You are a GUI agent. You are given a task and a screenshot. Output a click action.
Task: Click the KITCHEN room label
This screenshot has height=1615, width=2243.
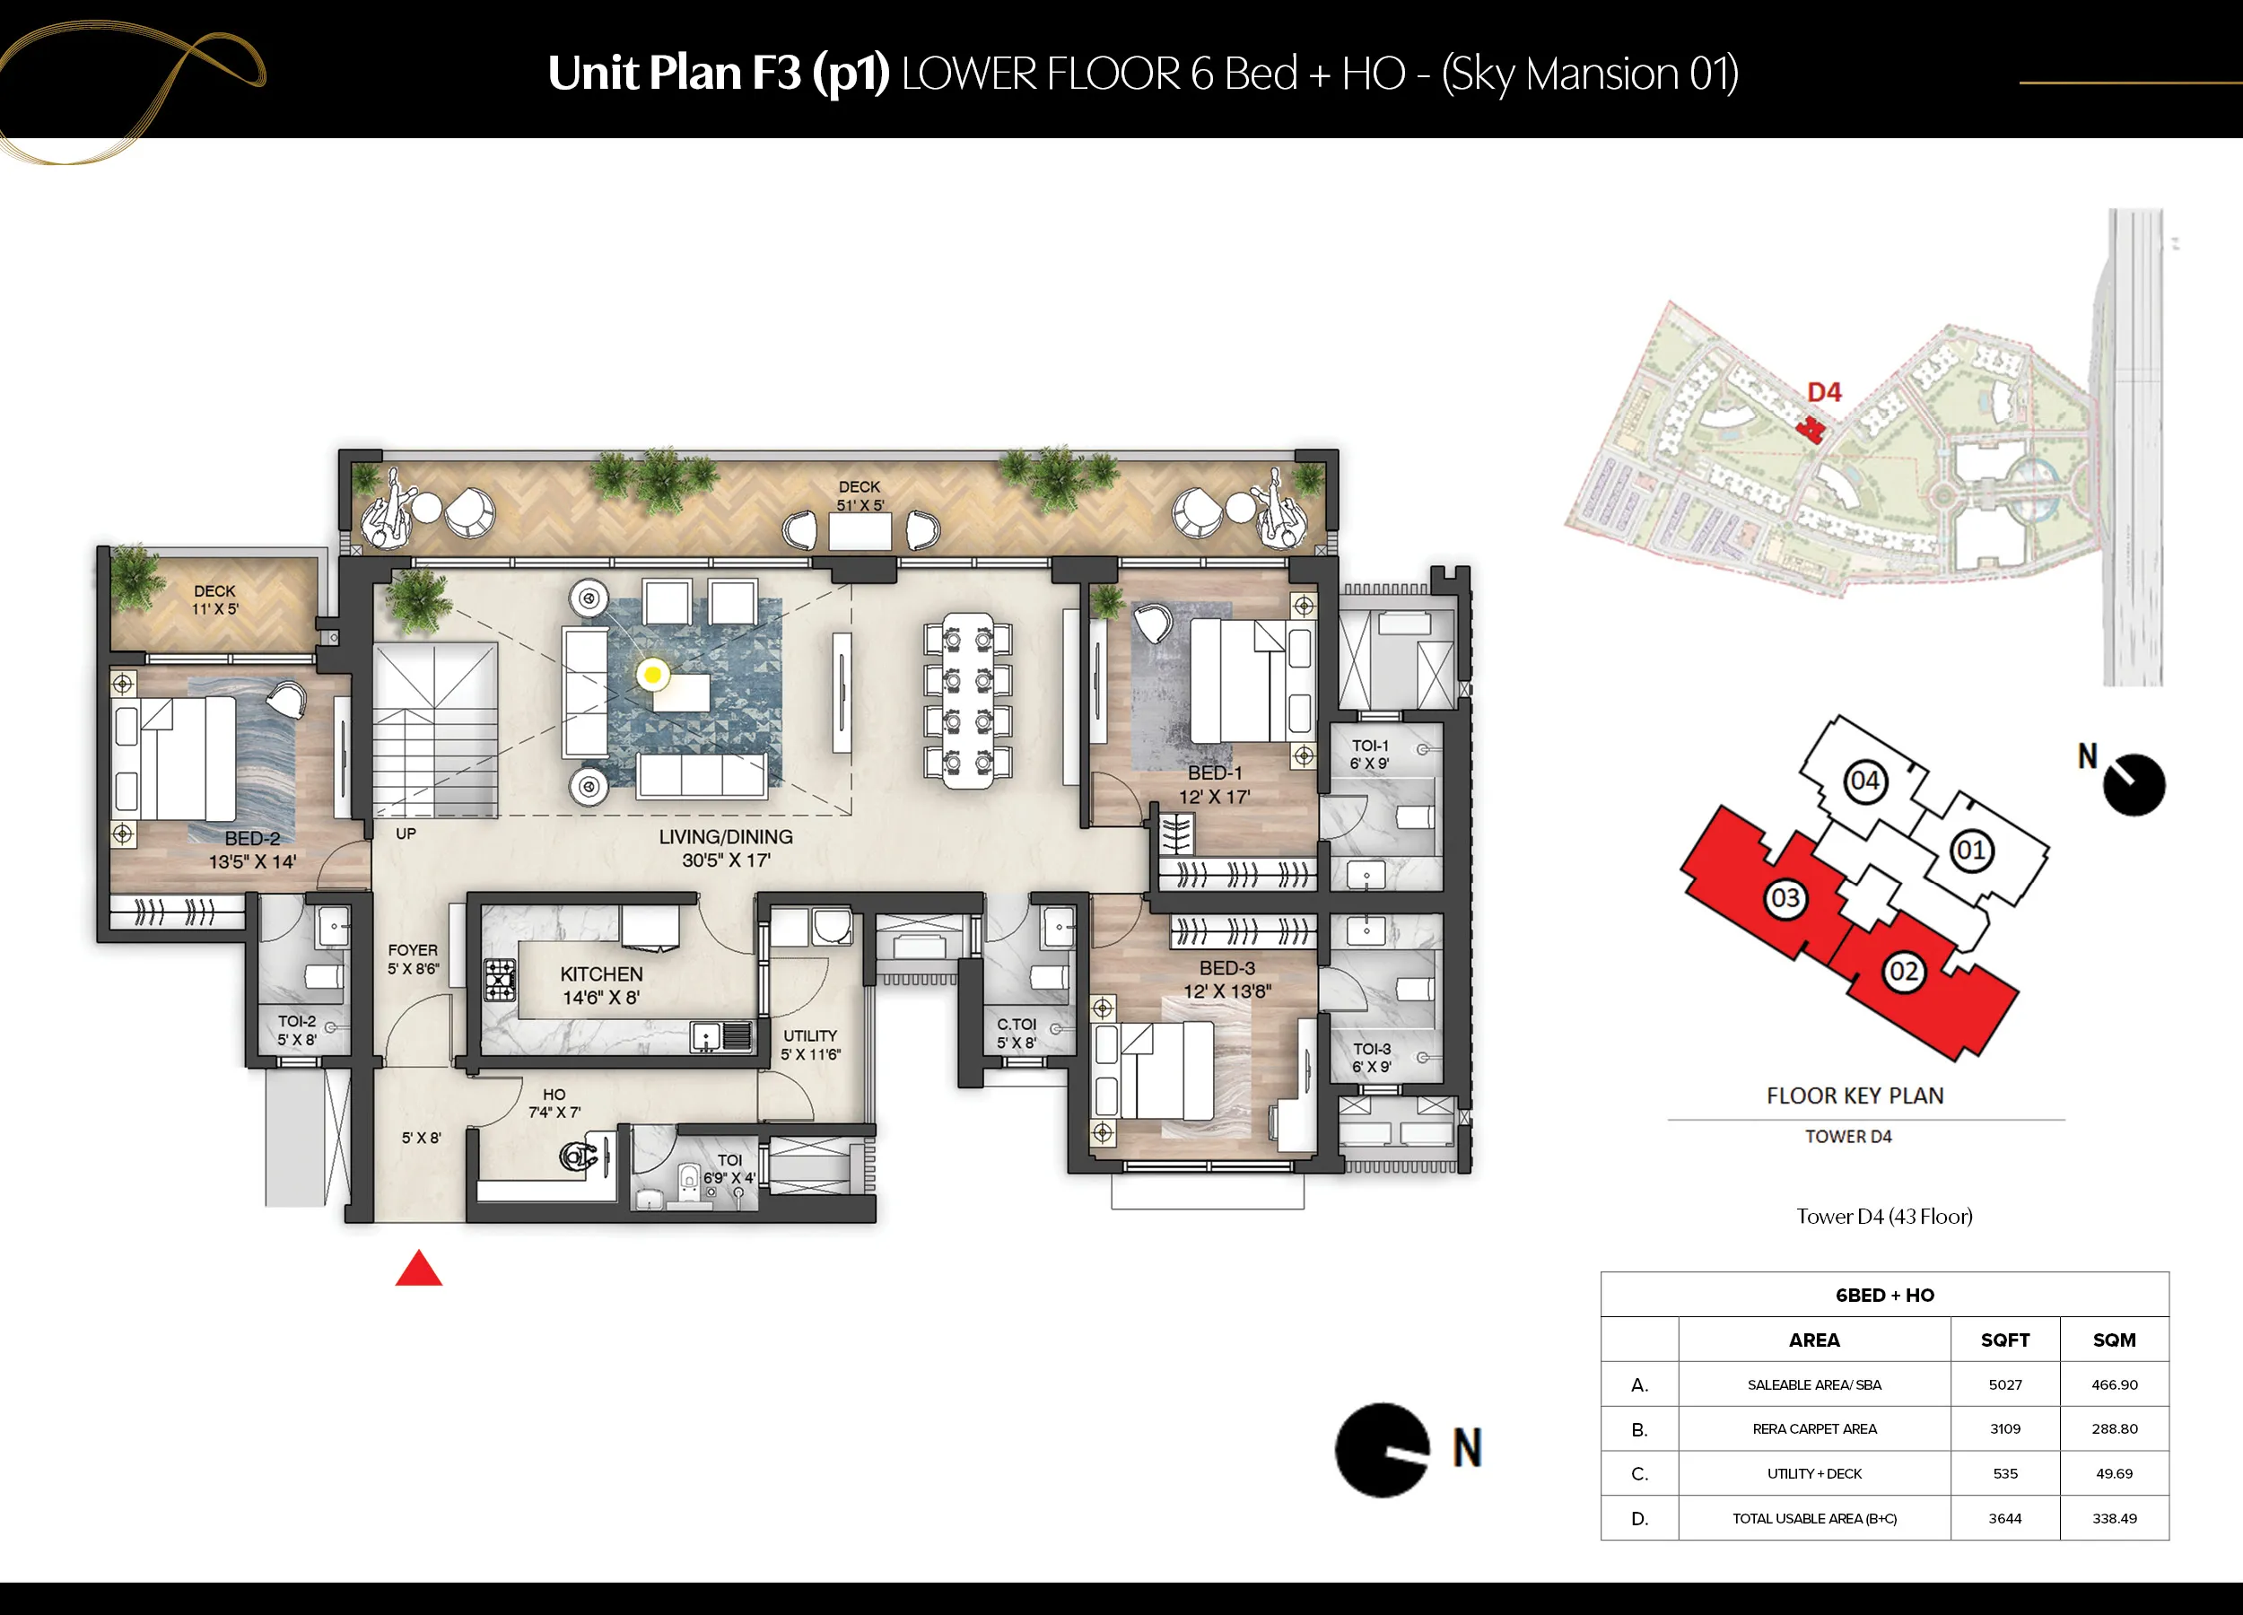pyautogui.click(x=601, y=974)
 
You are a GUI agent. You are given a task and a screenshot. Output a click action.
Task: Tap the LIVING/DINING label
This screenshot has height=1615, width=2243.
pyautogui.click(x=726, y=837)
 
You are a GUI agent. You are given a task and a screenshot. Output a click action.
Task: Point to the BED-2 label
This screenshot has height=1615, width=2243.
pyautogui.click(x=252, y=839)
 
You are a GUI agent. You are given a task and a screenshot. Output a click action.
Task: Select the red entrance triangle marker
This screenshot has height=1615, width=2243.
pyautogui.click(x=418, y=1268)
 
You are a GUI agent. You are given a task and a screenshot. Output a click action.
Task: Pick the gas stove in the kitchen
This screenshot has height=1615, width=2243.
pyautogui.click(x=500, y=980)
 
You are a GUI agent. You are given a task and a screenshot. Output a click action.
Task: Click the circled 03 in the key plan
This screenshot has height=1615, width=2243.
pyautogui.click(x=1785, y=898)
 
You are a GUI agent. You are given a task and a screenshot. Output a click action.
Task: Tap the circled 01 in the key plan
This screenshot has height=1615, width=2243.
pyautogui.click(x=1970, y=851)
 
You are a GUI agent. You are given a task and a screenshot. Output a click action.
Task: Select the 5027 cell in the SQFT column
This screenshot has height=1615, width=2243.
pyautogui.click(x=2004, y=1384)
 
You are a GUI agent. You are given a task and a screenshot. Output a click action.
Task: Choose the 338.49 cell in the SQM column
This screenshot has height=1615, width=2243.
pyautogui.click(x=2115, y=1518)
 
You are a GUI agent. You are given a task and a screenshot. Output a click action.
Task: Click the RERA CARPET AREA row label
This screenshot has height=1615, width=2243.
pyautogui.click(x=1814, y=1429)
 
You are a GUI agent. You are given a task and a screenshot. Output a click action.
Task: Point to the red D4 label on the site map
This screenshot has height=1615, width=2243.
pyautogui.click(x=1825, y=393)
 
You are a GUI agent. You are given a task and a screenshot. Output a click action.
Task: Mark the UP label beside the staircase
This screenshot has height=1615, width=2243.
pyautogui.click(x=406, y=834)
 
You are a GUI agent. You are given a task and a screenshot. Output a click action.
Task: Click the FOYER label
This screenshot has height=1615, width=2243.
pyautogui.click(x=413, y=950)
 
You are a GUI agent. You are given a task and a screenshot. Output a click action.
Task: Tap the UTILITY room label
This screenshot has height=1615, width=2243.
pyautogui.click(x=810, y=1036)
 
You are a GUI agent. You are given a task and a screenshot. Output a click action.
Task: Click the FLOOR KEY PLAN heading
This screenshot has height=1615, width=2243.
pyautogui.click(x=1855, y=1096)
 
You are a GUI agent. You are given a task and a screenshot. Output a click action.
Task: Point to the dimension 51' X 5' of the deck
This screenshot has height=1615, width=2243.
pyautogui.click(x=860, y=505)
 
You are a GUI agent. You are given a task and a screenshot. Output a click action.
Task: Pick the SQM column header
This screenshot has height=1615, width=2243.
pyautogui.click(x=2115, y=1340)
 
